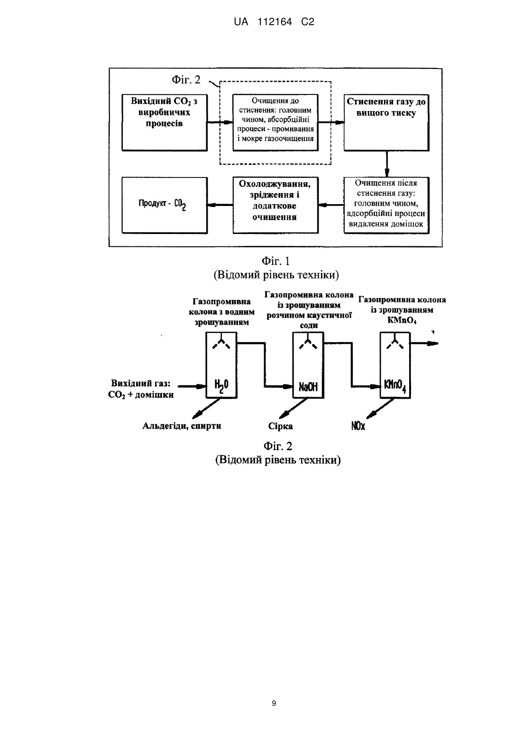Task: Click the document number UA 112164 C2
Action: pyautogui.click(x=274, y=22)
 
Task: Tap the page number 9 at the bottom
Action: pyautogui.click(x=274, y=703)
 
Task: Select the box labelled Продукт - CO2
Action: pyautogui.click(x=165, y=205)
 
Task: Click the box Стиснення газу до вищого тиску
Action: pyautogui.click(x=386, y=123)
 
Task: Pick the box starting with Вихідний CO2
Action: pyautogui.click(x=165, y=123)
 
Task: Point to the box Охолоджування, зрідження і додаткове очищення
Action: pyautogui.click(x=275, y=205)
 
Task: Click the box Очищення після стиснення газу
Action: pyautogui.click(x=386, y=205)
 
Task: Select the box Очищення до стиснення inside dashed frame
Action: pyautogui.click(x=275, y=123)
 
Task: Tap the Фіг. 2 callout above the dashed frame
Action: pyautogui.click(x=186, y=80)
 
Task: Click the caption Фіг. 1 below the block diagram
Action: pyautogui.click(x=275, y=261)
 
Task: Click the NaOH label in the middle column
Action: pyautogui.click(x=308, y=386)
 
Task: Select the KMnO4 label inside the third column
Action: pyautogui.click(x=395, y=386)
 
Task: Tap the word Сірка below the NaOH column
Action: pyautogui.click(x=281, y=426)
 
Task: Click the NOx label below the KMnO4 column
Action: pyautogui.click(x=358, y=426)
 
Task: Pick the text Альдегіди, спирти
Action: pyautogui.click(x=182, y=426)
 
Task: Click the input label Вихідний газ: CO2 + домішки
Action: pyautogui.click(x=141, y=389)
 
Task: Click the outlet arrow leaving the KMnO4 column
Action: pyautogui.click(x=424, y=344)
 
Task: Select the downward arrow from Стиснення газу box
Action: pyautogui.click(x=387, y=164)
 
